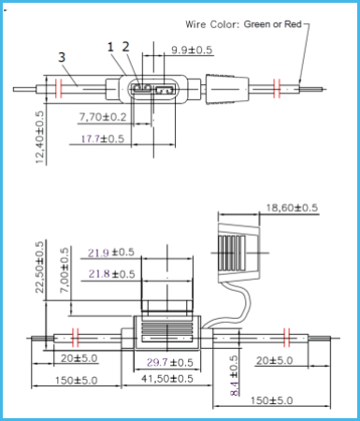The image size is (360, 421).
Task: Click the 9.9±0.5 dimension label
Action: pyautogui.click(x=192, y=50)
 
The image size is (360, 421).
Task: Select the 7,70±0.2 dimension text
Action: pyautogui.click(x=103, y=117)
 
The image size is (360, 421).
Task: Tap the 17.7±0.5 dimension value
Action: pyautogui.click(x=103, y=138)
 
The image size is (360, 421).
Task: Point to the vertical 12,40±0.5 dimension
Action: pyautogui.click(x=39, y=138)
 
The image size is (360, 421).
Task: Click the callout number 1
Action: pyautogui.click(x=110, y=47)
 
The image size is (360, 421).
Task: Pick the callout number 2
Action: pyautogui.click(x=125, y=47)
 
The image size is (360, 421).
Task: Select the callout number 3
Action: pyautogui.click(x=62, y=57)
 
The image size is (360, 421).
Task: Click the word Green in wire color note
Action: pyautogui.click(x=257, y=24)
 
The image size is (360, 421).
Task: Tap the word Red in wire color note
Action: pyautogui.click(x=293, y=24)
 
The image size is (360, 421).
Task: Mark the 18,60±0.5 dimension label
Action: pyautogui.click(x=292, y=208)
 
